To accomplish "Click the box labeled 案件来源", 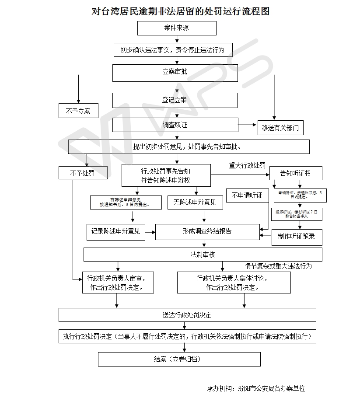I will [x=177, y=28].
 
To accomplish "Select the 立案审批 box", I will [x=175, y=72].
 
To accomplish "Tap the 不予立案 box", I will [x=78, y=111].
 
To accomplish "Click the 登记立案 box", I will [x=175, y=100].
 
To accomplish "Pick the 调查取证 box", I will [x=175, y=125].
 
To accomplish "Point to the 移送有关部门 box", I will [x=280, y=128].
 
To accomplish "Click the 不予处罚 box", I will [x=83, y=173].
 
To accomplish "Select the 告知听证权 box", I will [x=296, y=173].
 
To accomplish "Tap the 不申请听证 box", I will [x=247, y=196].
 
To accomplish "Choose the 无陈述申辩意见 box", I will [x=195, y=202].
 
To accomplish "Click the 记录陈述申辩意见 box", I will [x=116, y=231].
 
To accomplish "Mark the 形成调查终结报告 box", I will [x=207, y=231].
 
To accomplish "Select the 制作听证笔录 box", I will [x=296, y=237].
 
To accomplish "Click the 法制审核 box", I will [x=203, y=255].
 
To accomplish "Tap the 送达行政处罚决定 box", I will [x=187, y=315].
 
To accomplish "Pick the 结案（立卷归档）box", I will [x=179, y=360].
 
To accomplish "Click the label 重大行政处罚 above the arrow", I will [x=247, y=166].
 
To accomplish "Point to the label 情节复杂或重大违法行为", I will [x=278, y=265].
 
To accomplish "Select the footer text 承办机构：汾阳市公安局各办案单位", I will [x=256, y=388].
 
